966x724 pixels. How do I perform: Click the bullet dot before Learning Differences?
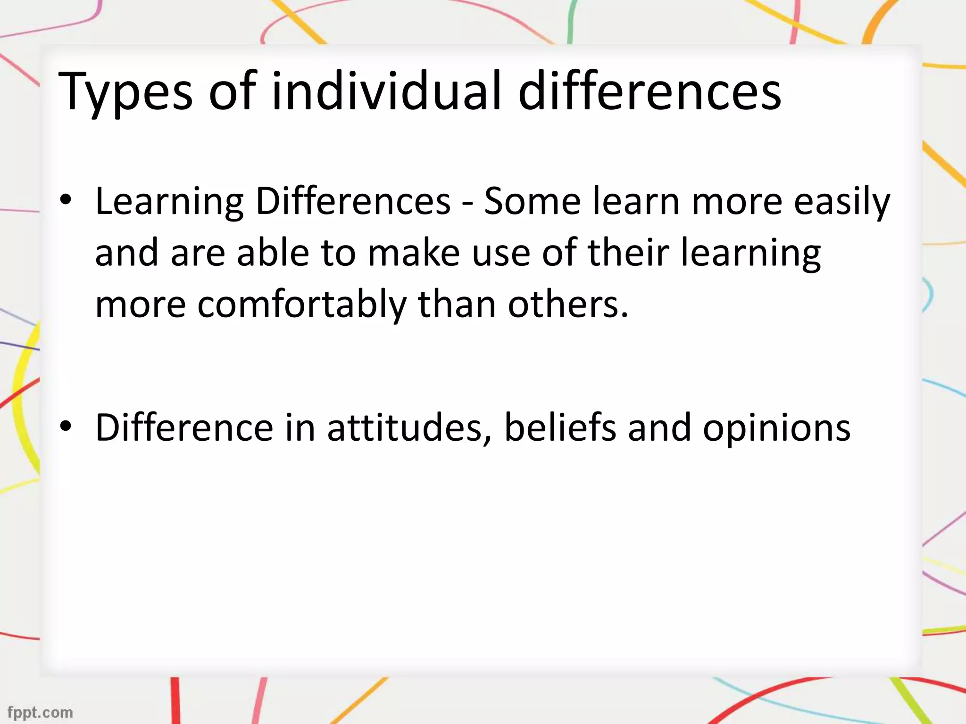[x=66, y=201]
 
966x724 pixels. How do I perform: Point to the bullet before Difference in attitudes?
[x=66, y=427]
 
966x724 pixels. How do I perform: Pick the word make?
[x=413, y=252]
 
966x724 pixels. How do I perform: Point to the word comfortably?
[x=301, y=304]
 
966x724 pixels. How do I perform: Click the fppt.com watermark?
[x=41, y=712]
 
